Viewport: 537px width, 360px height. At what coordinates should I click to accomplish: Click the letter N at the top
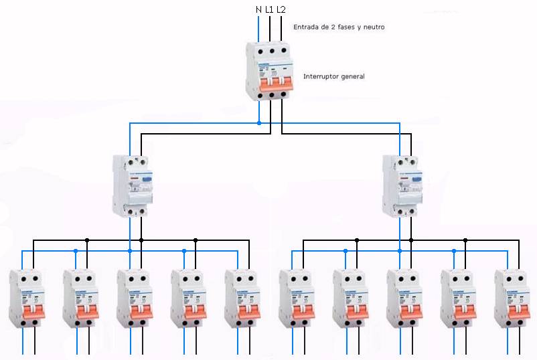[x=258, y=10]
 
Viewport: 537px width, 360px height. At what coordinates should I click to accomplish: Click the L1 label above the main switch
[x=269, y=10]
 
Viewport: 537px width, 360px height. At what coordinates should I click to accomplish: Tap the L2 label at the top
[x=281, y=10]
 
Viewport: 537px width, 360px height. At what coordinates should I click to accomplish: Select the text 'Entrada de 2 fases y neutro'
[x=339, y=27]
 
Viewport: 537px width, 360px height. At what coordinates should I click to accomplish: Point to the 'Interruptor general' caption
[x=333, y=76]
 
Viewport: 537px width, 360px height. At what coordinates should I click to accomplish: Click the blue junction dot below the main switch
[x=259, y=123]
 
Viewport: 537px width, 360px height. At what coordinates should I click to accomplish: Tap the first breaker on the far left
[x=25, y=298]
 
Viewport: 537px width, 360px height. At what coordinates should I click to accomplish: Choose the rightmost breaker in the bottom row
[x=512, y=298]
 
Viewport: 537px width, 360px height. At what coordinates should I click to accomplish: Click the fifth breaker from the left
[x=242, y=298]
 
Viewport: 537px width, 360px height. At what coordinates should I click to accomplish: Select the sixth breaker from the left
[x=296, y=298]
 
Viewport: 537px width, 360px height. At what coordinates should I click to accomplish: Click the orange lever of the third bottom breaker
[x=134, y=311]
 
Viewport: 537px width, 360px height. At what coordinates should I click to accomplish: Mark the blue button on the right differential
[x=416, y=179]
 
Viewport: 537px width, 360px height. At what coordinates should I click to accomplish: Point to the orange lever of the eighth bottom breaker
[x=404, y=311]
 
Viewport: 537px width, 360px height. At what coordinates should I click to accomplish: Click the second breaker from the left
[x=80, y=298]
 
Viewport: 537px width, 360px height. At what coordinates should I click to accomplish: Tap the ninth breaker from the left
[x=458, y=298]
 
